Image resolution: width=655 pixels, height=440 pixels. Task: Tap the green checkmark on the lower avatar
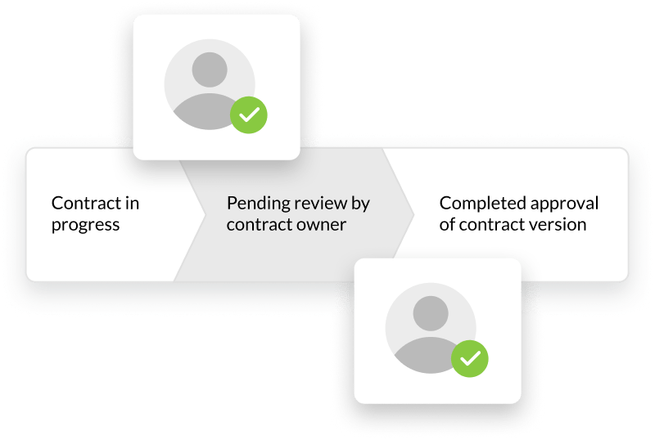470,357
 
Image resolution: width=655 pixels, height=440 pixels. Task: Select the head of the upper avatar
210,70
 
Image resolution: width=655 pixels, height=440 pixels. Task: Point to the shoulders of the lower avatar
426,353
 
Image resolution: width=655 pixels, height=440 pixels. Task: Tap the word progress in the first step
85,225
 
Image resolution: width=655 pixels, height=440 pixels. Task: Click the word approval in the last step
566,203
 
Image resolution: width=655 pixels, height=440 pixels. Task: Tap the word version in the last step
558,224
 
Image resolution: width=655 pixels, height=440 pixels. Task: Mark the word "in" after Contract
131,203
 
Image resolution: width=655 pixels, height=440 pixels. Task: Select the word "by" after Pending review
361,203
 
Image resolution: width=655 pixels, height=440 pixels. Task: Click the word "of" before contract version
447,224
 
